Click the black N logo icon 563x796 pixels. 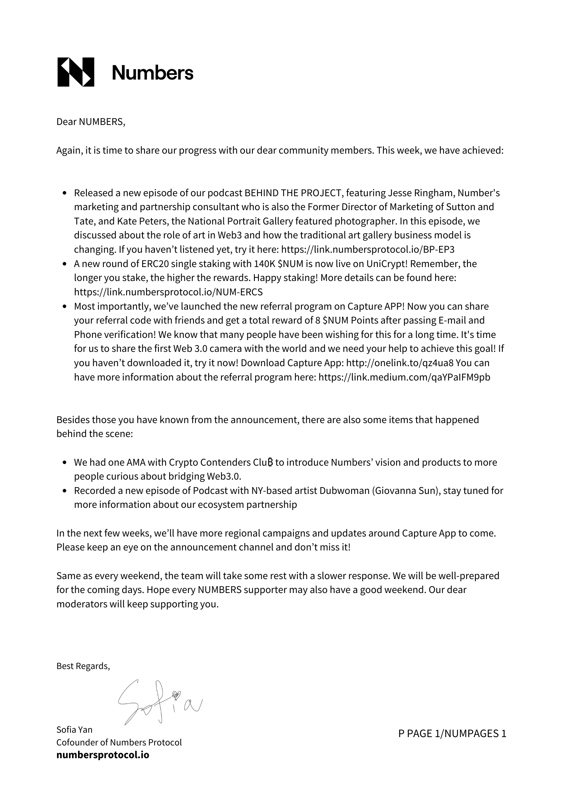pyautogui.click(x=76, y=72)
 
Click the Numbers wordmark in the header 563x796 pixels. pyautogui.click(x=152, y=73)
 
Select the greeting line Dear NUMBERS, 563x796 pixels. pyautogui.click(x=91, y=122)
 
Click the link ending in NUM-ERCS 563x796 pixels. pyautogui.click(x=168, y=292)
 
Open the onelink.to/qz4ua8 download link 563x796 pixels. pyautogui.click(x=400, y=363)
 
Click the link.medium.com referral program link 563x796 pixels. pyautogui.click(x=404, y=377)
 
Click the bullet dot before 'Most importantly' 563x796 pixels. pyautogui.click(x=65, y=307)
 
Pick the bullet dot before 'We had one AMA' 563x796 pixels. pyautogui.click(x=65, y=463)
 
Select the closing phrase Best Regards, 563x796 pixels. pyautogui.click(x=83, y=666)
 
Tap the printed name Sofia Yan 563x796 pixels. pyautogui.click(x=74, y=730)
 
